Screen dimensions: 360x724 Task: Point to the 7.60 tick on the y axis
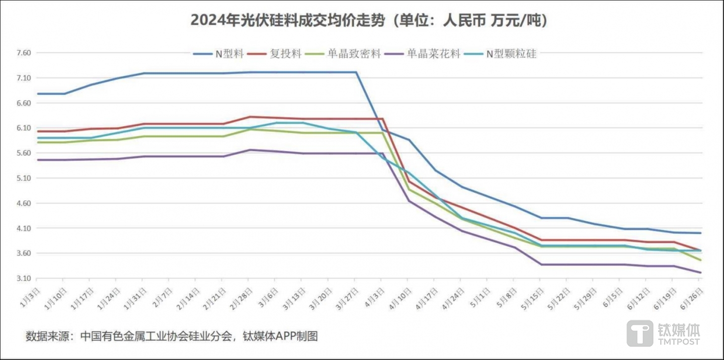click(x=24, y=53)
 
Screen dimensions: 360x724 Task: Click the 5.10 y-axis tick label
click(x=24, y=178)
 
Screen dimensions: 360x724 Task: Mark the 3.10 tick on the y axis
click(x=24, y=278)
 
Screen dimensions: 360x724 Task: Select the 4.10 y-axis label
click(x=24, y=228)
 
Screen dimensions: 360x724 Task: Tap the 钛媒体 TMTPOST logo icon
click(x=639, y=333)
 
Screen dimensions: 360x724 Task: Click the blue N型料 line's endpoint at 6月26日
click(x=700, y=233)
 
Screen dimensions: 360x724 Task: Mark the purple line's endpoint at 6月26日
click(x=700, y=273)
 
